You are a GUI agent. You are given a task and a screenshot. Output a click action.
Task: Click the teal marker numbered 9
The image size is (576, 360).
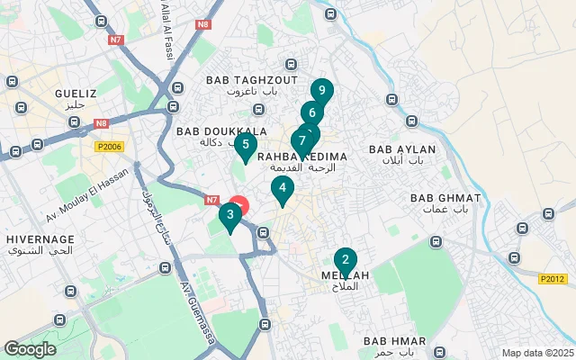click(x=322, y=91)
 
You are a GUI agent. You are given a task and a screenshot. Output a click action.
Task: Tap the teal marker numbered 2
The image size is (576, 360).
click(x=345, y=260)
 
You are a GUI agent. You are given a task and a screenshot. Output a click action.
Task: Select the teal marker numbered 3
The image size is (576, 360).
click(x=230, y=215)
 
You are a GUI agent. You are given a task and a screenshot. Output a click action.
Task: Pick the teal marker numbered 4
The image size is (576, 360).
click(x=283, y=188)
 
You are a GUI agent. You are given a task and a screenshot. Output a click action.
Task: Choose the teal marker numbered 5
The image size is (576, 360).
click(x=245, y=144)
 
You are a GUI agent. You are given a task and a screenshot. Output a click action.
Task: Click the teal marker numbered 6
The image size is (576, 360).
click(x=311, y=113)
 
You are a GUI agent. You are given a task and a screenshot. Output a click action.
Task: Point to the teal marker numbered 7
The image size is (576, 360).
click(x=301, y=141)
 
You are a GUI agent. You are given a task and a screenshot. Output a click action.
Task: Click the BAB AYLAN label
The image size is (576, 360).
click(x=402, y=149)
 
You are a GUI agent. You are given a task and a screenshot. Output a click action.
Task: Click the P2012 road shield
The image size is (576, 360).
click(x=553, y=279)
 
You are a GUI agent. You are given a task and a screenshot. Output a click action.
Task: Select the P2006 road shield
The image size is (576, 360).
click(x=108, y=146)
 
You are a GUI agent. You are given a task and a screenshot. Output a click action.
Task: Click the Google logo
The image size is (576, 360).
click(x=30, y=349)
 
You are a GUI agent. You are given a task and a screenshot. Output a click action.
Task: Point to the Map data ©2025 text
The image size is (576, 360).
click(x=536, y=353)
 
